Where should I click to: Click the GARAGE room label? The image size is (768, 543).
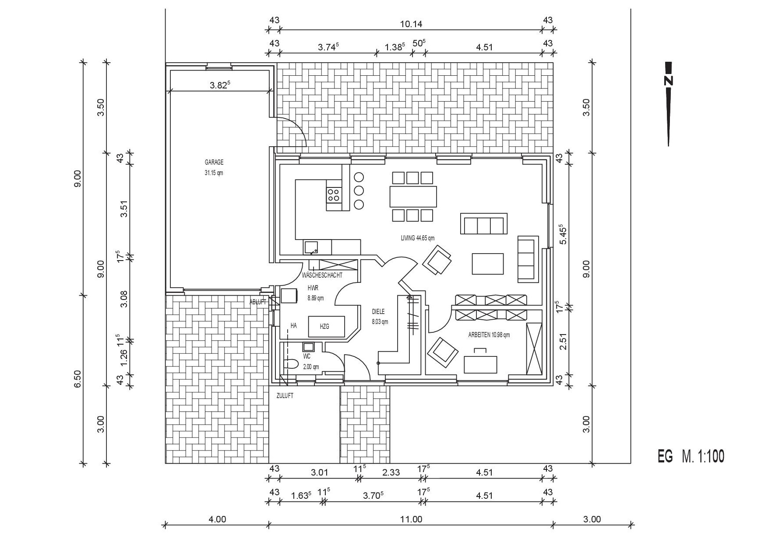(x=214, y=162)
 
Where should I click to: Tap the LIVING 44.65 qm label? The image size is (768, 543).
(x=417, y=238)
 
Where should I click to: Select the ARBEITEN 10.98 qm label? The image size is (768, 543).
(x=489, y=335)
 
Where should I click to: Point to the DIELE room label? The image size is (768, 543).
(x=378, y=312)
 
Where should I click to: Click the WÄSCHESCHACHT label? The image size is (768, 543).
(x=322, y=275)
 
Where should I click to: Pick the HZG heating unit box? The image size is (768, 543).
(x=327, y=326)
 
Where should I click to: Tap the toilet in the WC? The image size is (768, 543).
(x=291, y=364)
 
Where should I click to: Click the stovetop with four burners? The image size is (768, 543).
(x=334, y=194)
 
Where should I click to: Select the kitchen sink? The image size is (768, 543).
(x=311, y=247)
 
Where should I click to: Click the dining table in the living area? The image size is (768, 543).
(x=413, y=197)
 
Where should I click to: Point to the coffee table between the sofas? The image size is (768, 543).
(x=488, y=264)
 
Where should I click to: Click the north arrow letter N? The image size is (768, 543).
(x=668, y=81)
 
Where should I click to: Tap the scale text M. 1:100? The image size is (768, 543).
(x=703, y=456)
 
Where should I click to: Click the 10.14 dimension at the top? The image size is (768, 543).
(x=411, y=24)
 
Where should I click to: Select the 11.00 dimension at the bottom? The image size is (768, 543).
(x=411, y=519)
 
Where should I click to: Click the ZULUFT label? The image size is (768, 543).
(x=285, y=396)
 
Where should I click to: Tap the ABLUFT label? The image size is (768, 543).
(x=258, y=302)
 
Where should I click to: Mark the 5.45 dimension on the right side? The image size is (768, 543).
(x=563, y=235)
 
